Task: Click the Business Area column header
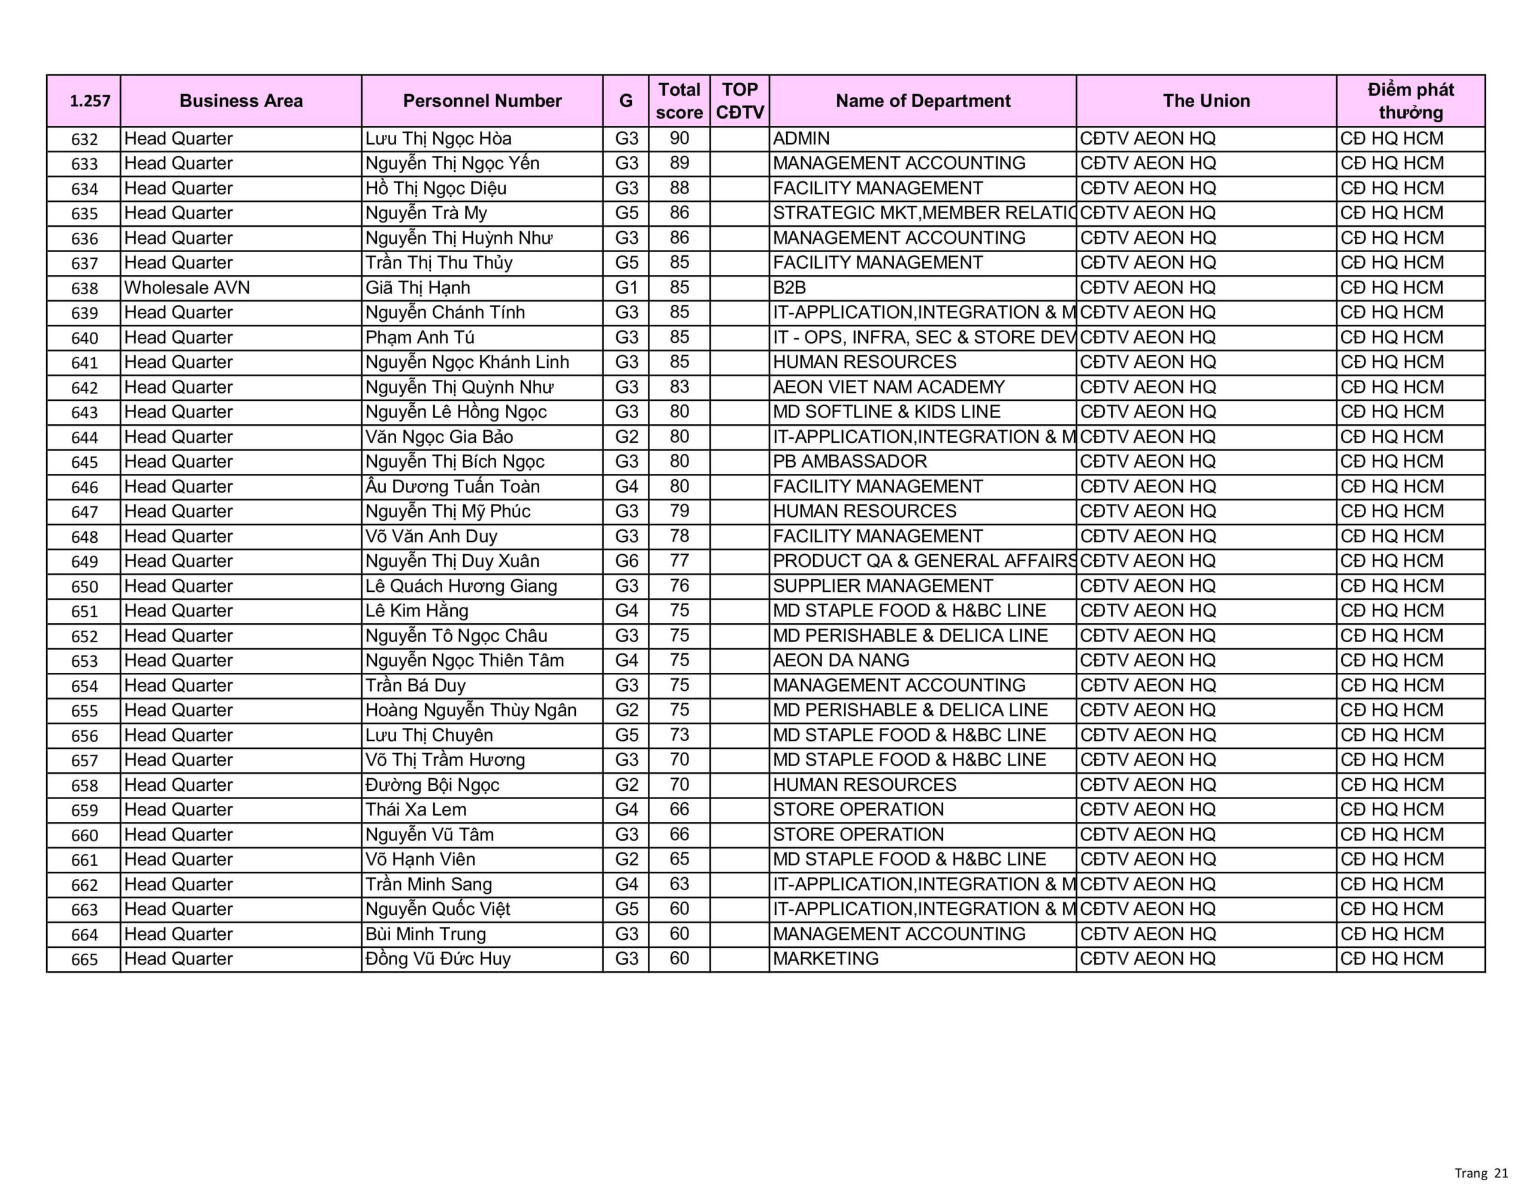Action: tap(241, 101)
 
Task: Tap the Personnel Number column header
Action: tap(482, 101)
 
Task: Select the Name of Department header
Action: tap(922, 101)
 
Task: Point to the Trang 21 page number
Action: tap(1481, 1172)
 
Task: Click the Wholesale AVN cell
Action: tap(187, 288)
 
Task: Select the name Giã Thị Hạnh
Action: tap(417, 288)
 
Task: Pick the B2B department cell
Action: tap(790, 288)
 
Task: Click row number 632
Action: tap(84, 139)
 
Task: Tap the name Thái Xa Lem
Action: tap(415, 809)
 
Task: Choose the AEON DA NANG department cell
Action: tap(841, 660)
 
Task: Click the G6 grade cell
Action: tap(627, 561)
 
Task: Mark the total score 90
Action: tap(679, 138)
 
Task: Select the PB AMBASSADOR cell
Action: tap(850, 461)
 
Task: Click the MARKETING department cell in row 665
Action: tap(825, 958)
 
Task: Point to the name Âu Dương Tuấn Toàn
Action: tap(452, 486)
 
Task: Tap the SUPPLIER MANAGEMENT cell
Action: tap(883, 586)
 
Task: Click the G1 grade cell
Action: tap(627, 288)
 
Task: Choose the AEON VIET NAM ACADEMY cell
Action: tap(889, 387)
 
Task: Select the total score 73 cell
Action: tap(679, 734)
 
